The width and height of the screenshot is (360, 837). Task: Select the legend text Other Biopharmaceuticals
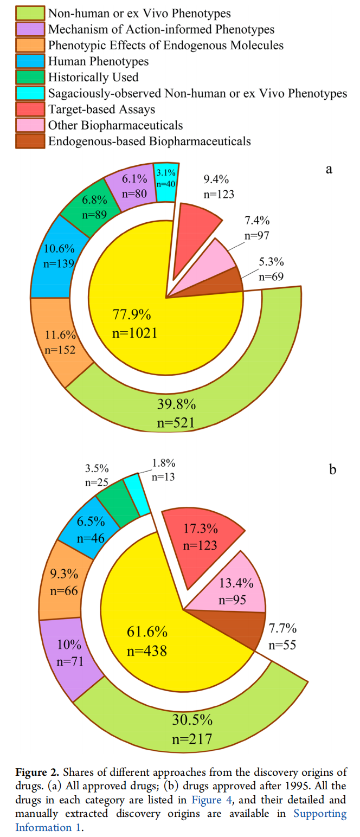(x=115, y=125)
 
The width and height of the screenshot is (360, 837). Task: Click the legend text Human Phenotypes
(x=98, y=61)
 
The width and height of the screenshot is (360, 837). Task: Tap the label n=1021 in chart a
(x=135, y=333)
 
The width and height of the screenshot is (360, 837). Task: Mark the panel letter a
(x=329, y=169)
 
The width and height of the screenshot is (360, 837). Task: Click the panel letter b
(x=333, y=469)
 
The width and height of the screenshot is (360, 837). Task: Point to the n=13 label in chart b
(x=163, y=477)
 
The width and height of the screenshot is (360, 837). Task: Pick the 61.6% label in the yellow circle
(x=147, y=632)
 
